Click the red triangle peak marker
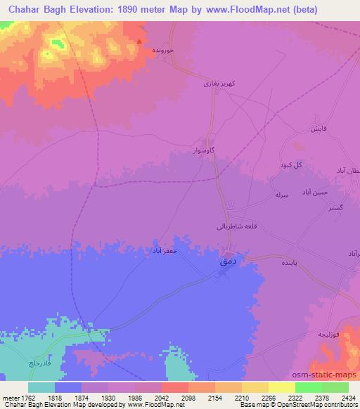point(140,41)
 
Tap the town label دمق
point(228,260)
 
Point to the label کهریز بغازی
point(208,84)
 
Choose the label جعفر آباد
point(167,250)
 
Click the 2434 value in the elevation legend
point(349,397)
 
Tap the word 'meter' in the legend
point(11,397)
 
